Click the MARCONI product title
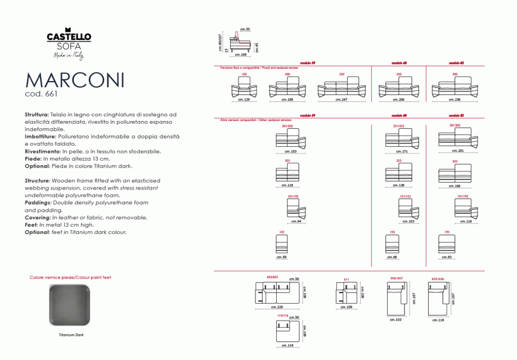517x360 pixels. click(75, 80)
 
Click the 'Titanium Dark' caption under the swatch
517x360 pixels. click(71, 334)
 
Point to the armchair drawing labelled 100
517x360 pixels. click(244, 88)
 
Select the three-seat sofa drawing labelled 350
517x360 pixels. click(341, 89)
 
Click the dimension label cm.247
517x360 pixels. click(341, 100)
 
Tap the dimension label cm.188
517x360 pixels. click(287, 100)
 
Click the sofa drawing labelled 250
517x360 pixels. click(398, 89)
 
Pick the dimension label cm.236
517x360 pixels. click(455, 100)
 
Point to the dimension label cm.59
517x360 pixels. click(281, 257)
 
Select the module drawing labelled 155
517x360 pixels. click(392, 245)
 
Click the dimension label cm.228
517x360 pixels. click(276, 307)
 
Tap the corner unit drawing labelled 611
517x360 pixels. click(347, 294)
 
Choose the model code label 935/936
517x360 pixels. click(437, 278)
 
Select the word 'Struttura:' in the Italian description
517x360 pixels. click(37, 114)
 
